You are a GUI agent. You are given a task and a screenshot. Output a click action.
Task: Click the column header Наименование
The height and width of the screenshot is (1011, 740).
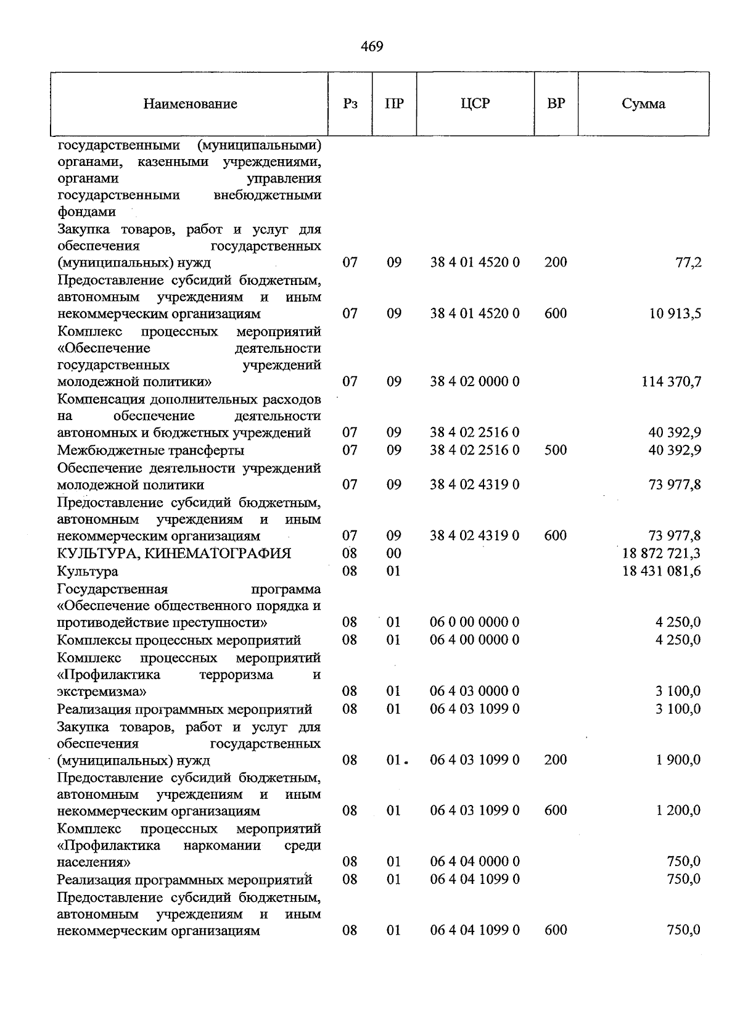[190, 104]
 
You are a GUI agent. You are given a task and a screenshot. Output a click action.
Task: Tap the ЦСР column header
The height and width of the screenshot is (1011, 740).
[475, 104]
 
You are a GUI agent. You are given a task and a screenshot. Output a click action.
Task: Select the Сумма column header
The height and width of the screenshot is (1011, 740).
[643, 104]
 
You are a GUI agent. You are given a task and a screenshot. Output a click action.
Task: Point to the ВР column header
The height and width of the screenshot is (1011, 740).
[556, 104]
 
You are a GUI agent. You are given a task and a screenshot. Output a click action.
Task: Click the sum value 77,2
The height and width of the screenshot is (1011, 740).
[689, 263]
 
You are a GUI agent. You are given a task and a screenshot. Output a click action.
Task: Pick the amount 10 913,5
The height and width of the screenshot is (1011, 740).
[675, 313]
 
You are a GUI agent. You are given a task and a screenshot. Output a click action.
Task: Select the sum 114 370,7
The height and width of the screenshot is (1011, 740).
[671, 382]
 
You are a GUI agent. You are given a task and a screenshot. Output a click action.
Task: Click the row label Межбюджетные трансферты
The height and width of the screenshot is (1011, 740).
[150, 450]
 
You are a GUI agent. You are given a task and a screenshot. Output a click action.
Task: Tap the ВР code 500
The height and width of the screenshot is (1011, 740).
[556, 450]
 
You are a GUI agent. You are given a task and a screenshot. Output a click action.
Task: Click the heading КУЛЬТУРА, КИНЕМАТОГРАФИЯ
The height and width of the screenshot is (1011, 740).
[174, 553]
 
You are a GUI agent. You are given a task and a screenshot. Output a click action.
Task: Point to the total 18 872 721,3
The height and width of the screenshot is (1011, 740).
[662, 553]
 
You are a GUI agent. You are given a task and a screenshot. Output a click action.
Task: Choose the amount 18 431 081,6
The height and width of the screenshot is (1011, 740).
[662, 571]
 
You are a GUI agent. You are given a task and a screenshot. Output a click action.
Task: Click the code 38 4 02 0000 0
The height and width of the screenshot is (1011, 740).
[475, 382]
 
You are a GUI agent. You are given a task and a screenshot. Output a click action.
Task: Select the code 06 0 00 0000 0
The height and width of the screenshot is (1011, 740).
[474, 622]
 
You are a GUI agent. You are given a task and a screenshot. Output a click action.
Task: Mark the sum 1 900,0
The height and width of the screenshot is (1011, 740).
[678, 760]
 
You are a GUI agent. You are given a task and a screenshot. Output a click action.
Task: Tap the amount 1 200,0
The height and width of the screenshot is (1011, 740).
[678, 811]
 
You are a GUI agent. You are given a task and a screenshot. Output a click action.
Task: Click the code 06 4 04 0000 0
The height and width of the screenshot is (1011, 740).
[474, 862]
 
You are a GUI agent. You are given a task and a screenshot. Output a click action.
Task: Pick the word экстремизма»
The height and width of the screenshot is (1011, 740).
[102, 691]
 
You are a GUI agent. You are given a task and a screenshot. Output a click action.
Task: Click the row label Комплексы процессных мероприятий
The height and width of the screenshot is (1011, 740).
[179, 640]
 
